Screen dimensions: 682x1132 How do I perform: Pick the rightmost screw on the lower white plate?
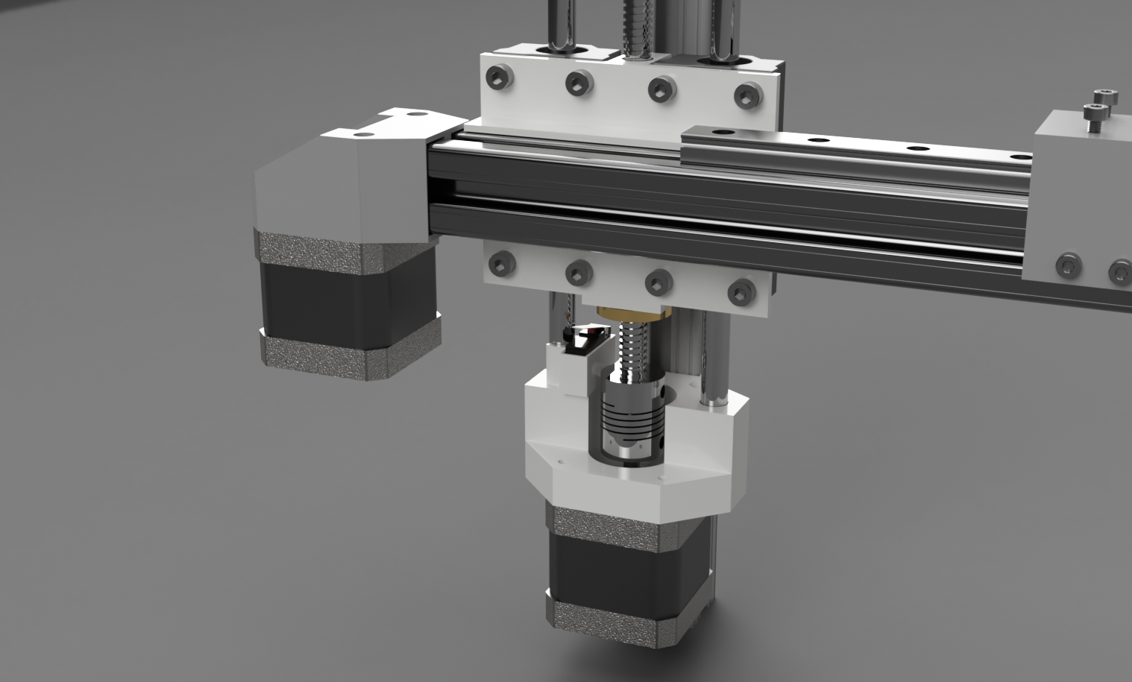point(740,291)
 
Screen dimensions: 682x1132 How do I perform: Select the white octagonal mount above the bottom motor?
point(634,470)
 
